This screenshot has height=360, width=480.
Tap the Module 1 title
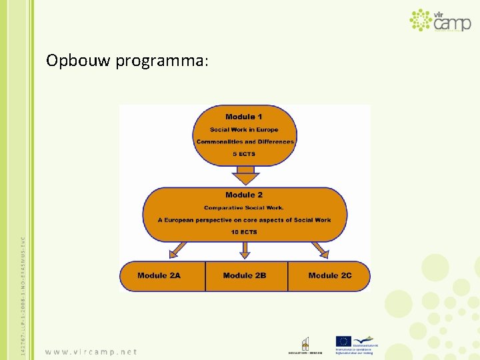click(x=244, y=117)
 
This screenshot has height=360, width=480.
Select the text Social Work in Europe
click(x=244, y=129)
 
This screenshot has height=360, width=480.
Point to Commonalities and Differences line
click(x=245, y=141)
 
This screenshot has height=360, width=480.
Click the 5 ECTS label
click(x=244, y=154)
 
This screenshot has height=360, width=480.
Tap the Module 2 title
click(x=244, y=195)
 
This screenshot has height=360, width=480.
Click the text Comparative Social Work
click(x=244, y=207)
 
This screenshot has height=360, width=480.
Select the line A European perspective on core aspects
click(x=244, y=220)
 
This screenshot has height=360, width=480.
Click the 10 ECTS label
click(x=244, y=232)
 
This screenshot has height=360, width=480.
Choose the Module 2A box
click(x=161, y=276)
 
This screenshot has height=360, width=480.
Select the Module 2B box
click(x=245, y=276)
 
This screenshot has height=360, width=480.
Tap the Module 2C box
click(x=329, y=276)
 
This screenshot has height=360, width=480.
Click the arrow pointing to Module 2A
click(x=178, y=250)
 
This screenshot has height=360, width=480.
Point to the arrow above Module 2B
click(x=245, y=250)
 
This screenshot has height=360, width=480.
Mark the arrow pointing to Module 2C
click(x=320, y=250)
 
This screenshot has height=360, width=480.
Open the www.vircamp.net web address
click(x=91, y=351)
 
